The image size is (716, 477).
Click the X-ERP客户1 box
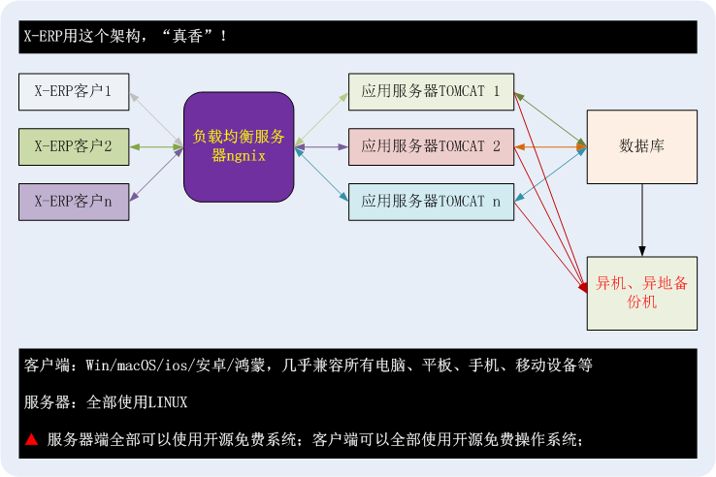(x=74, y=92)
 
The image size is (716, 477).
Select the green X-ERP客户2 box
(x=74, y=147)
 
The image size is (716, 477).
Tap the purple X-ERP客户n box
(x=74, y=202)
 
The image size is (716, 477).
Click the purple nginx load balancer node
(x=239, y=147)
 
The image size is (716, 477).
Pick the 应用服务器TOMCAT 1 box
(x=431, y=92)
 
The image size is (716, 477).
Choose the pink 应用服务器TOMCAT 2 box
(x=431, y=147)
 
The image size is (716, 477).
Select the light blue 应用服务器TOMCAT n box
(x=431, y=202)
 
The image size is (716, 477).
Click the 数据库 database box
(x=642, y=147)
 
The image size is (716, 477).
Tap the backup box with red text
(x=642, y=293)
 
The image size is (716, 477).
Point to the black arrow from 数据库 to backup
(x=642, y=220)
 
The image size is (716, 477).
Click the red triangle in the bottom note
(x=31, y=439)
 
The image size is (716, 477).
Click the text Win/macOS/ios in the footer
(x=136, y=366)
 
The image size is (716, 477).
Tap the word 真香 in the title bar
(x=187, y=36)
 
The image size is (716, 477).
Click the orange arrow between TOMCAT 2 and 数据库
(x=550, y=147)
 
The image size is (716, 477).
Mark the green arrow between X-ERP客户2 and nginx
(x=156, y=147)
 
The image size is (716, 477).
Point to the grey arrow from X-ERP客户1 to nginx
(x=156, y=119)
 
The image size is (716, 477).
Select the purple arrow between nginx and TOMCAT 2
(x=321, y=147)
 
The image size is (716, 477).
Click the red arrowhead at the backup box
(x=583, y=288)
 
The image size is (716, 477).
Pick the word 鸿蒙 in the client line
(x=249, y=366)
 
